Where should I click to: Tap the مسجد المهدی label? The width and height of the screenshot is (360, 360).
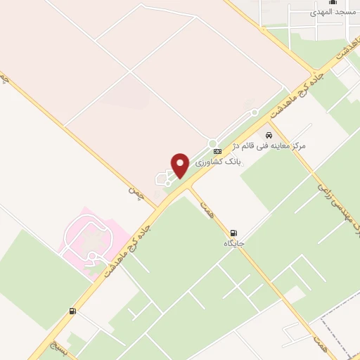tap(336, 13)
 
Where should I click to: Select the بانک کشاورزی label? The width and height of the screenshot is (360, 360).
tap(217, 161)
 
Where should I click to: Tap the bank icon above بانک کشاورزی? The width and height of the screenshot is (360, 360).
tap(217, 150)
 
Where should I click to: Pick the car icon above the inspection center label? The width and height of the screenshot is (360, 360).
tap(269, 134)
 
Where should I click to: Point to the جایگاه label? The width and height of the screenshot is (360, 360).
tap(233, 243)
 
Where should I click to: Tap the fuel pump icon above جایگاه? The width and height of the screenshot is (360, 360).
tap(233, 232)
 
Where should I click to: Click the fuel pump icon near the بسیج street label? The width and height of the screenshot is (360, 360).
tap(72, 311)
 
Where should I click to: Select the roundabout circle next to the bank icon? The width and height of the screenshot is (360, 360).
tap(212, 143)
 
